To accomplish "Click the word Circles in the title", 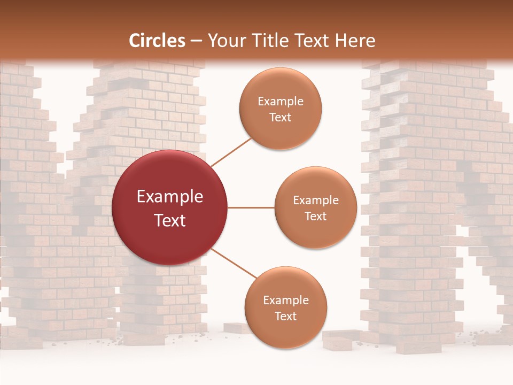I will [x=157, y=40].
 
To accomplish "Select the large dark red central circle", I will [x=170, y=207].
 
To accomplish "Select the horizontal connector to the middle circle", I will [x=251, y=207].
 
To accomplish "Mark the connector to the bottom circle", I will [x=234, y=264].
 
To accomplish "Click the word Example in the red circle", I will [x=170, y=197].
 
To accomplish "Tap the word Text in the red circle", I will [x=170, y=220].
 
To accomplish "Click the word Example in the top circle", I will [x=281, y=102].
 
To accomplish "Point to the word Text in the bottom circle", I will [x=285, y=316].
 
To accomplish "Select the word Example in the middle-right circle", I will [x=315, y=201].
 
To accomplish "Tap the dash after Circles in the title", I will [x=196, y=41].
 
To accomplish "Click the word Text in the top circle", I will [x=281, y=118].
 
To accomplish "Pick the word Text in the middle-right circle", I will [x=315, y=217].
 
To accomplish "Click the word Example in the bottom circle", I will [x=285, y=300].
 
